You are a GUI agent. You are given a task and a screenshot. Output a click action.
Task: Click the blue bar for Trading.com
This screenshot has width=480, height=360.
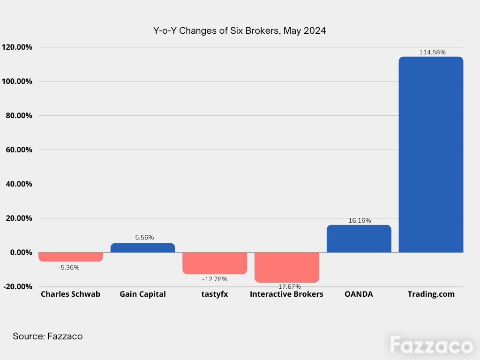click(x=431, y=155)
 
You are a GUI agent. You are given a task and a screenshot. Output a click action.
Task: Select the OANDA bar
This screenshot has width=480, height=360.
click(x=359, y=239)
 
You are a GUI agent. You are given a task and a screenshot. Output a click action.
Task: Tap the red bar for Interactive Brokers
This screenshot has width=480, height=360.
click(x=287, y=267)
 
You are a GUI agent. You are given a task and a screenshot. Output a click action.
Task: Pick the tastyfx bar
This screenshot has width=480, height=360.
click(x=215, y=263)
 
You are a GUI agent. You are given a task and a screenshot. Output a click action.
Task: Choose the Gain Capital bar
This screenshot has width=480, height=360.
click(x=142, y=247)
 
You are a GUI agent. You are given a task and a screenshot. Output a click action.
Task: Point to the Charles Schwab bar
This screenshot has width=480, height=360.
click(x=71, y=257)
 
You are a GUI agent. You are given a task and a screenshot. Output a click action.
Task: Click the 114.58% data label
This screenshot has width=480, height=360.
click(x=432, y=52)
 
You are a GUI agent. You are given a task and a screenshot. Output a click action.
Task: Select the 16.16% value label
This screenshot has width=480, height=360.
click(x=360, y=220)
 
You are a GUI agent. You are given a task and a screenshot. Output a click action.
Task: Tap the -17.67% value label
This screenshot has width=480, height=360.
click(x=288, y=286)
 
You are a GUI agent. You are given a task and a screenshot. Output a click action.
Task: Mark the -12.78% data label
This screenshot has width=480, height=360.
click(x=215, y=279)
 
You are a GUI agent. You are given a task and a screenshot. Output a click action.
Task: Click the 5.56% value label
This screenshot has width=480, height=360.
click(x=144, y=237)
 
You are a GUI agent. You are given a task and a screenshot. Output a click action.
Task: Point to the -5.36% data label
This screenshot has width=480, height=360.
click(x=69, y=267)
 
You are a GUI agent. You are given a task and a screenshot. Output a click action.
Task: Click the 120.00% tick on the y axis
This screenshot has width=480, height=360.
click(x=17, y=47)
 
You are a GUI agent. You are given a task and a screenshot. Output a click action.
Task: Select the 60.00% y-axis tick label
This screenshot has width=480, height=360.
click(x=19, y=150)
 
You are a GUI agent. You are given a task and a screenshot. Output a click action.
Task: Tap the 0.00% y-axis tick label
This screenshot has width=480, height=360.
click(x=21, y=253)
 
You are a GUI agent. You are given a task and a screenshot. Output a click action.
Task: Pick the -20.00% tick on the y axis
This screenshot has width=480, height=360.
click(x=17, y=287)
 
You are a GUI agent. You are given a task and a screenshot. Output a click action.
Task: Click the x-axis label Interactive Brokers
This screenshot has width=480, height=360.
click(x=286, y=294)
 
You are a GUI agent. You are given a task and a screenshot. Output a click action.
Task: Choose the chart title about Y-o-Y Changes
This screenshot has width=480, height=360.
click(x=240, y=30)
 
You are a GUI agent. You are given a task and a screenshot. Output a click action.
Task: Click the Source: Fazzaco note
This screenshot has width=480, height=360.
click(x=47, y=336)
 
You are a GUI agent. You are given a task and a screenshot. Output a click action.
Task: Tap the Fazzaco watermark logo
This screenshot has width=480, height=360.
click(x=431, y=345)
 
